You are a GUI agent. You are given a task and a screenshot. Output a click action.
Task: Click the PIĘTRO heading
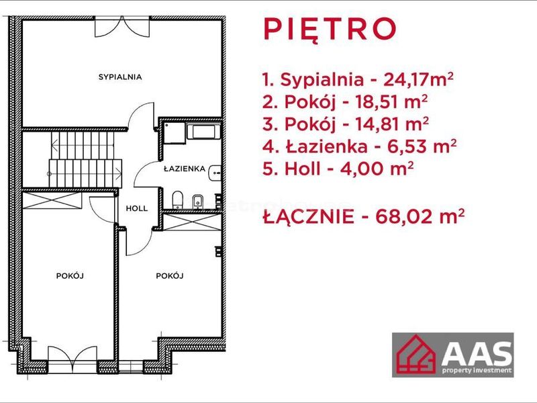click(330, 30)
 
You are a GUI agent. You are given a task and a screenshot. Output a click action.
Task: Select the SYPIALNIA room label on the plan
click(120, 77)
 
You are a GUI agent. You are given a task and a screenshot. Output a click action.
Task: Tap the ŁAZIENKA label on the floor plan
click(185, 169)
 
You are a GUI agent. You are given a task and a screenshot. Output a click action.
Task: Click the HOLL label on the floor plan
click(137, 208)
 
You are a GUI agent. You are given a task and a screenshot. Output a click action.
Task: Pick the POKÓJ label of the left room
click(70, 275)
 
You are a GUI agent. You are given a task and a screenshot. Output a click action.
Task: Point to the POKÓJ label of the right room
click(170, 275)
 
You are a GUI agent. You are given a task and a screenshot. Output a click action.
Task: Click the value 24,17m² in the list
click(418, 79)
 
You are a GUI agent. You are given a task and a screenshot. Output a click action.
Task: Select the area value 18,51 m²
click(391, 102)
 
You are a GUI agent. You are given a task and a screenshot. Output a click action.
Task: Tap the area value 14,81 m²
click(392, 124)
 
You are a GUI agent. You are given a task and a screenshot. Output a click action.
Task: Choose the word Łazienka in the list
click(326, 146)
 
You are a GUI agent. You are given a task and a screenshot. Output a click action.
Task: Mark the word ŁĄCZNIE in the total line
click(309, 216)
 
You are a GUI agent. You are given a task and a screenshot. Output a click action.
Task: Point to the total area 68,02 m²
click(420, 216)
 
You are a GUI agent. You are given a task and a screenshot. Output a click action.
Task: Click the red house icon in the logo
click(416, 355)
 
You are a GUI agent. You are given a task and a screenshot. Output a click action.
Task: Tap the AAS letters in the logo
click(477, 353)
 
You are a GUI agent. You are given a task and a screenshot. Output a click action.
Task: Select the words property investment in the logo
click(477, 370)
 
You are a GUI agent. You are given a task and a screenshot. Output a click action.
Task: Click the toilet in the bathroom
click(177, 199)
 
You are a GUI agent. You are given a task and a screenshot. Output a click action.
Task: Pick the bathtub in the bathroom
click(203, 132)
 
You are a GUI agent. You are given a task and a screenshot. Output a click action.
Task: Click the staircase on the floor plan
click(85, 160)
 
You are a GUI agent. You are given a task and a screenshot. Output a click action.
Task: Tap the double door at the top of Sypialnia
click(122, 27)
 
